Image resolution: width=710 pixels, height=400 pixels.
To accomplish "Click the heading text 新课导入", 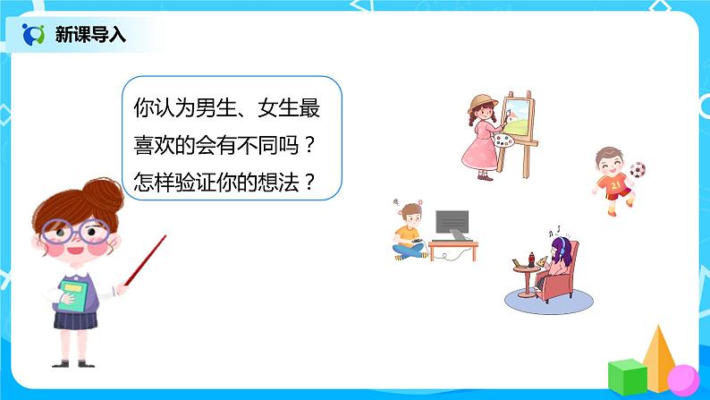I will tap(90, 35).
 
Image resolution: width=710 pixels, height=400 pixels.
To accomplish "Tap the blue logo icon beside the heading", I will tap(34, 35).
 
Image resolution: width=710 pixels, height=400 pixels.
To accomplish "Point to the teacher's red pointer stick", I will tap(146, 260).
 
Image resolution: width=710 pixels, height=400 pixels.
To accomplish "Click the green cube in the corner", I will tap(627, 375).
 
